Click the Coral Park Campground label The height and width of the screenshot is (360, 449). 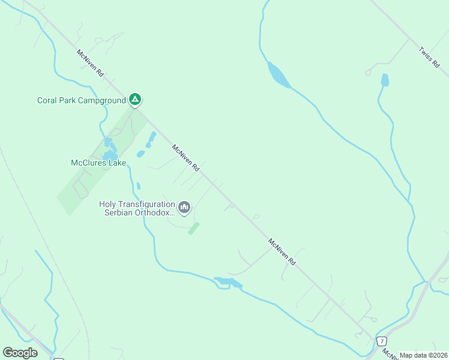(82, 100)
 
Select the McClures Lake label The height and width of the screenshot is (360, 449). (98, 162)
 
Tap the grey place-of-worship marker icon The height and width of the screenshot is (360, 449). (184, 208)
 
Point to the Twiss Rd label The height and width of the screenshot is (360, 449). (429, 59)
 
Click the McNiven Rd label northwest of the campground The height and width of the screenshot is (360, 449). (91, 62)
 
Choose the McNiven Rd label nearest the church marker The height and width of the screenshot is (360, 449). (185, 158)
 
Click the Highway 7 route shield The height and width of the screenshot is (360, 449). (381, 341)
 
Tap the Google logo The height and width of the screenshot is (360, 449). (20, 353)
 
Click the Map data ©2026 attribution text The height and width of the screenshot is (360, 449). (423, 355)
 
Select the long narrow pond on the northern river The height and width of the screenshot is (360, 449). (278, 75)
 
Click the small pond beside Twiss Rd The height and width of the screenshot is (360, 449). (385, 80)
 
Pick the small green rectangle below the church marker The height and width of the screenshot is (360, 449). (193, 228)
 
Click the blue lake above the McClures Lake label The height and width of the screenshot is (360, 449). (110, 155)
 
